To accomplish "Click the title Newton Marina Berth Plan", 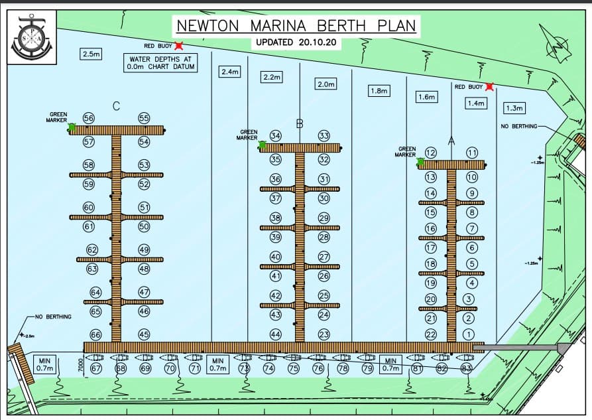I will click(296, 26).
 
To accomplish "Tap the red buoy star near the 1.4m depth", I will click(489, 86).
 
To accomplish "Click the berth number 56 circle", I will click(89, 118).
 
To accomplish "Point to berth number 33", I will click(324, 136).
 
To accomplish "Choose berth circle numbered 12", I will click(430, 153).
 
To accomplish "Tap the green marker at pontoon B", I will click(262, 144).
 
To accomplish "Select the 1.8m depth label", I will click(379, 91).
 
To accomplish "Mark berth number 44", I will click(276, 334).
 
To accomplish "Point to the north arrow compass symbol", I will click(556, 43).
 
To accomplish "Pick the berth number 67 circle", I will click(96, 368).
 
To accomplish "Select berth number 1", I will click(469, 334).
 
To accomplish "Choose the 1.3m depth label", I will click(514, 107).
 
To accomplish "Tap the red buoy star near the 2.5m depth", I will click(179, 46).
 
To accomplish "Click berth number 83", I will click(466, 368).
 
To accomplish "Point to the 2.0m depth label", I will click(326, 84).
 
